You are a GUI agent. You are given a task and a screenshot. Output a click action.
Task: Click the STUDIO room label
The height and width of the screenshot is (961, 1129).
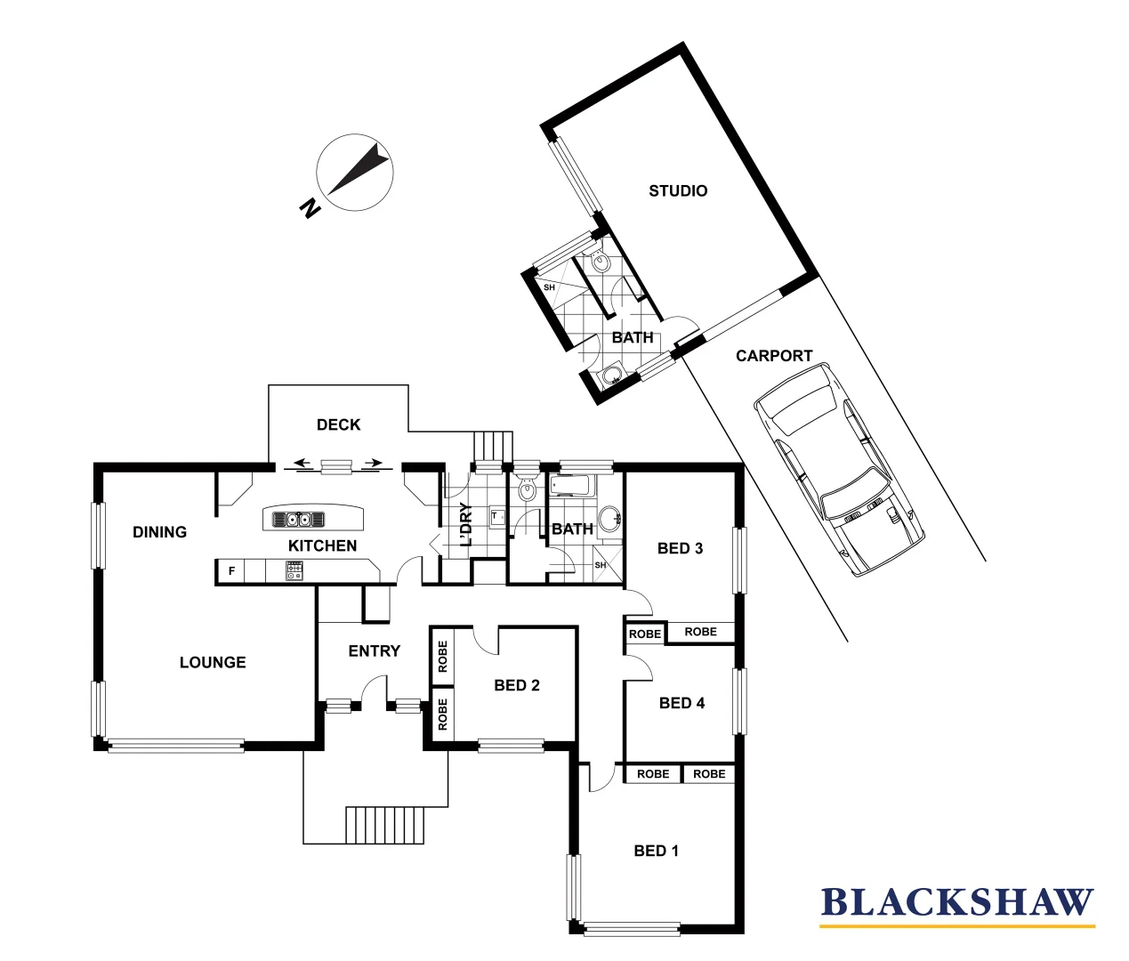(678, 190)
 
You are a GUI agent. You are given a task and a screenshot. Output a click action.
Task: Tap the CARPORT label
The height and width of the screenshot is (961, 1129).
(773, 356)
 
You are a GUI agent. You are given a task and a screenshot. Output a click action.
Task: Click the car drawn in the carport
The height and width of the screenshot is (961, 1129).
(838, 470)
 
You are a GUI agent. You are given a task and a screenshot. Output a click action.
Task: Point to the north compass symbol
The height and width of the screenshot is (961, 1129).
(354, 174)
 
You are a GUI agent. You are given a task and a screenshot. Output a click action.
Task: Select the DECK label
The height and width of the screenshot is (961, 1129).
(338, 425)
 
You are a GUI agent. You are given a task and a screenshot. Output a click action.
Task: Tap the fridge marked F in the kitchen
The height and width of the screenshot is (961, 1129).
(232, 571)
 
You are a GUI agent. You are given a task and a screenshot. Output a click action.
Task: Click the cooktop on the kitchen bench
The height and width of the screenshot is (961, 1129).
(294, 571)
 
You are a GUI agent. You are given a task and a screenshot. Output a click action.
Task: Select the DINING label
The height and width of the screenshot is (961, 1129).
(159, 532)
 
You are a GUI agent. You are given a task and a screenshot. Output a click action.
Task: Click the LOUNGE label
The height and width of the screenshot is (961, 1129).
(213, 662)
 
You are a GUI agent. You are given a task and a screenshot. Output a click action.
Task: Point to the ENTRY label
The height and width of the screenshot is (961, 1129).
(374, 651)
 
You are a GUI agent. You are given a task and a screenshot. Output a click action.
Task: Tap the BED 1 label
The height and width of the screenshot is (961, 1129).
(656, 851)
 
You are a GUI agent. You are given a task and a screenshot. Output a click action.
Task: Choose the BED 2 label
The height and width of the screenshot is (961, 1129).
(516, 685)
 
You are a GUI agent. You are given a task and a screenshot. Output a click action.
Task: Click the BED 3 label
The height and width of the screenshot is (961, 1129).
(680, 548)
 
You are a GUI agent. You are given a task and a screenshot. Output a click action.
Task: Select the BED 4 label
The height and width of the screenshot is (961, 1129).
(681, 703)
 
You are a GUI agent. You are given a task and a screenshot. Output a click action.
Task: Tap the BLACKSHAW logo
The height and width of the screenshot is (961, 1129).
(956, 902)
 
